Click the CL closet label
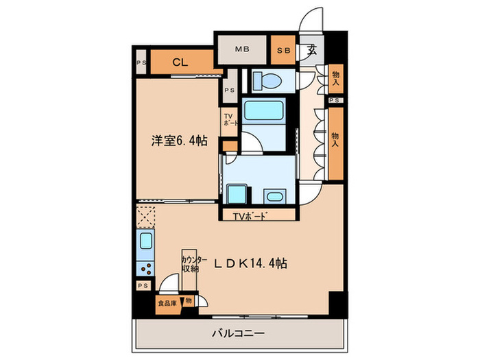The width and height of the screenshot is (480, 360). pos(180,62)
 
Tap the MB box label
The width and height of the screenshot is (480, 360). pos(241,49)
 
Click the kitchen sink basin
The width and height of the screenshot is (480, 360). pos(146,241)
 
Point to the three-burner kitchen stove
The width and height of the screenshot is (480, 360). pos(145,266)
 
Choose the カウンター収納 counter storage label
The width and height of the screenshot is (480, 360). pos(191,263)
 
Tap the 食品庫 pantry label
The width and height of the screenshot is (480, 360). pos(166,302)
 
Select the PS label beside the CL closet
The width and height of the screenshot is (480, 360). pos(141,63)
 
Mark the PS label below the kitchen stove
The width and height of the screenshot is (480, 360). pos(143,285)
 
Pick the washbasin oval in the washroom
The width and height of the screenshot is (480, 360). pos(274,197)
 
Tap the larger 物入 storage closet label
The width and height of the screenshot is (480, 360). pos(335,140)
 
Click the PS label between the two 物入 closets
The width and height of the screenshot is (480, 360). pos(335,100)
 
